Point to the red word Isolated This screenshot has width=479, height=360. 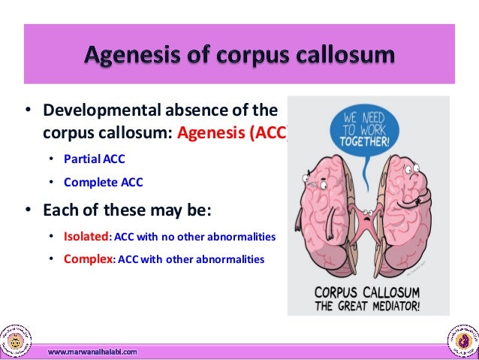point(86,237)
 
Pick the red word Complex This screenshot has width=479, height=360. point(89,260)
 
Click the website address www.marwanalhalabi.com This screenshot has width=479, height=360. point(92,350)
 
